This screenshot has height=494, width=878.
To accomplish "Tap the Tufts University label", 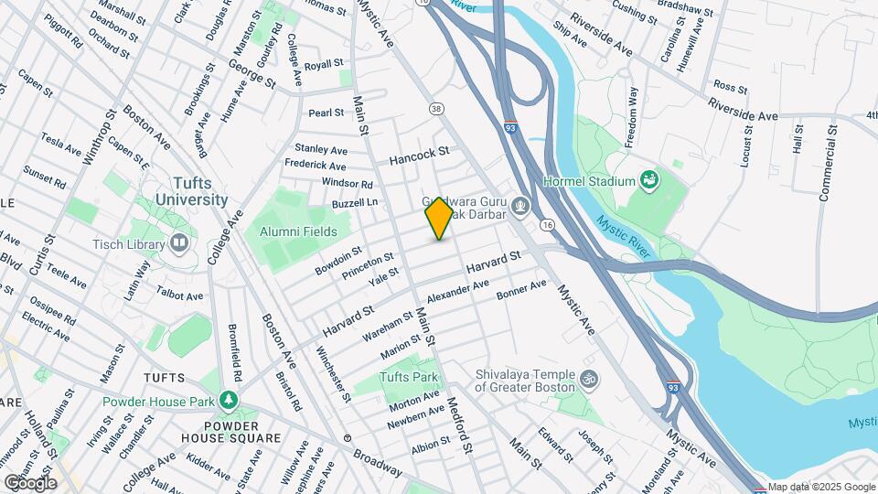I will tap(191, 191).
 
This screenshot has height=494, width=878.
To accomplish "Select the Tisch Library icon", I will tap(178, 243).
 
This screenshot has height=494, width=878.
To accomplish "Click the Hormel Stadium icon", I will tap(650, 180).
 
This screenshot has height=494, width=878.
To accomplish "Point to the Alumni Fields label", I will tap(297, 232).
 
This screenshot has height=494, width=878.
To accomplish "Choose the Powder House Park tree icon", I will tap(228, 402).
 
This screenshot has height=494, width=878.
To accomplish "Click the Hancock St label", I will tap(419, 156).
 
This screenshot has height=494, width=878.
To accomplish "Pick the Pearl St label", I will tap(326, 113).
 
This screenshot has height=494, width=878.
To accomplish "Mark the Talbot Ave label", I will tap(180, 295).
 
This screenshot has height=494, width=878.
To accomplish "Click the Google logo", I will tap(30, 482).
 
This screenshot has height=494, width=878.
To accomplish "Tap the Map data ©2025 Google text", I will tap(821, 487).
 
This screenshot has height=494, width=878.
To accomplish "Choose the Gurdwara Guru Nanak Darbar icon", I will tap(520, 206).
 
